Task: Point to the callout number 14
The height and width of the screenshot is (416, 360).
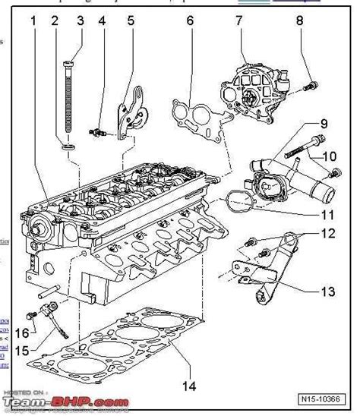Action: pyautogui.click(x=188, y=386)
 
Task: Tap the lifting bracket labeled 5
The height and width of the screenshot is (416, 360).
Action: pyautogui.click(x=130, y=110)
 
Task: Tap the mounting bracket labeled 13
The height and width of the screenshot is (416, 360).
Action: pyautogui.click(x=266, y=266)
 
